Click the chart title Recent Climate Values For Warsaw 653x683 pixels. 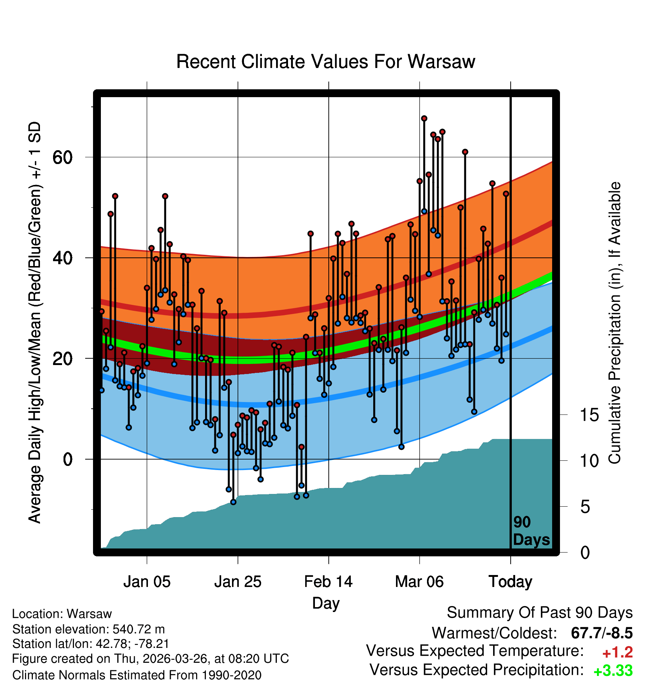[x=325, y=62]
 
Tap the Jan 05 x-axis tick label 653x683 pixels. [x=147, y=582]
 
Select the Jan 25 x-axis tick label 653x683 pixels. [x=238, y=582]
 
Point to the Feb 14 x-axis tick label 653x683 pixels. [x=328, y=582]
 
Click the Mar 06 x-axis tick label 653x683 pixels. [x=419, y=582]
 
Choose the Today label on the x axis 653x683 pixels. [x=510, y=582]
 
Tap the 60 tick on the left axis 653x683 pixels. [x=62, y=157]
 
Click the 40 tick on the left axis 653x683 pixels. [x=62, y=258]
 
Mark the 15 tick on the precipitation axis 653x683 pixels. [x=589, y=415]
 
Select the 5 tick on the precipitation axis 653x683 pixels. [x=585, y=507]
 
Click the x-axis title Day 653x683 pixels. [x=326, y=603]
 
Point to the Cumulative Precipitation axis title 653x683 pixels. [x=615, y=323]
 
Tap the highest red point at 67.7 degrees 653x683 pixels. [x=424, y=118]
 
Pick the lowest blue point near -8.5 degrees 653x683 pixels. [x=233, y=502]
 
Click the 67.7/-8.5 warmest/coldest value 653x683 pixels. [x=602, y=633]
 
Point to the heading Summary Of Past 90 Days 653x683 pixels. [x=540, y=613]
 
